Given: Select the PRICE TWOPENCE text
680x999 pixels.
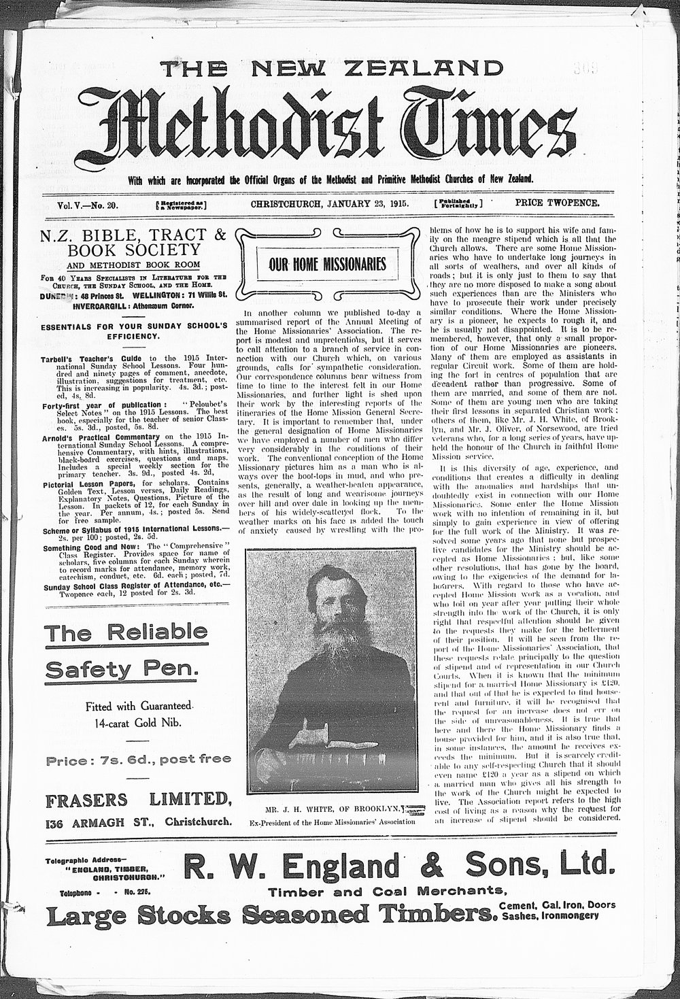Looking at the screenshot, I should (557, 203).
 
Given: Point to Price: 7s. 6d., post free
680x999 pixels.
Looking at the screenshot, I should (138, 758).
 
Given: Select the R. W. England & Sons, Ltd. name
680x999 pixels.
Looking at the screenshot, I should (400, 868).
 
